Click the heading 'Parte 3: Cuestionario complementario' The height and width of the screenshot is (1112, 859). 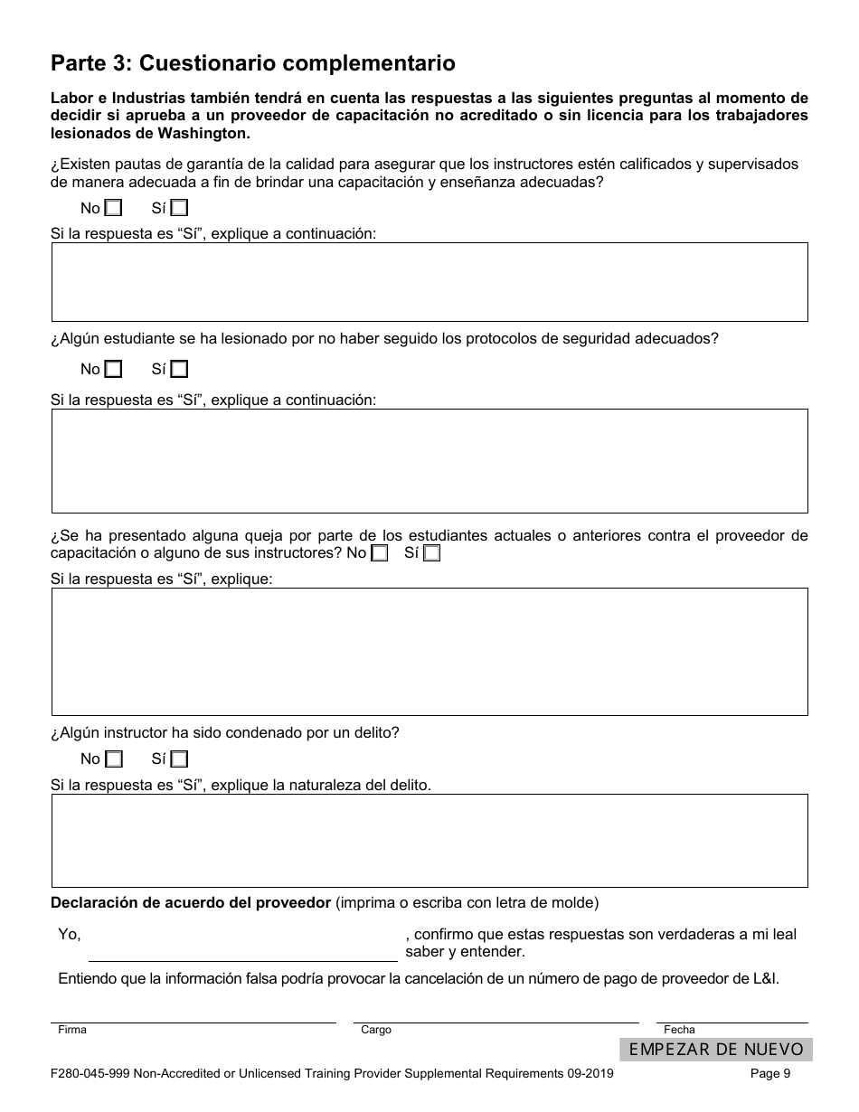(x=253, y=63)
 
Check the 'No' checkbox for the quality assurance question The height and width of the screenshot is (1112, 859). (x=113, y=208)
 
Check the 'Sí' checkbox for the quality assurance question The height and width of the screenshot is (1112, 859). (x=179, y=208)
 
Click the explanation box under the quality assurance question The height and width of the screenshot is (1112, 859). (x=429, y=282)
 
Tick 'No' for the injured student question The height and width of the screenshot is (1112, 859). (x=113, y=369)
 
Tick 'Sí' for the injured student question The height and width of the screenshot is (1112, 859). (x=179, y=369)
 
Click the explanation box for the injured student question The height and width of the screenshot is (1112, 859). (x=429, y=461)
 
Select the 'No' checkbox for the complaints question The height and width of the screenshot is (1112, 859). (x=380, y=553)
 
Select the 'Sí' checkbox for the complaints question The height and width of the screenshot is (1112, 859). (x=432, y=553)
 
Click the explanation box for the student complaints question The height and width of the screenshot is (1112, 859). (x=429, y=652)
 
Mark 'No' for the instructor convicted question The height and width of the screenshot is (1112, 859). (x=113, y=759)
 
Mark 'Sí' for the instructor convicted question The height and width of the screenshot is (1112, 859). (x=179, y=759)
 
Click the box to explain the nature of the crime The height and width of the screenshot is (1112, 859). (x=429, y=841)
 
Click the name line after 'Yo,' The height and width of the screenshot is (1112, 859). (x=242, y=949)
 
